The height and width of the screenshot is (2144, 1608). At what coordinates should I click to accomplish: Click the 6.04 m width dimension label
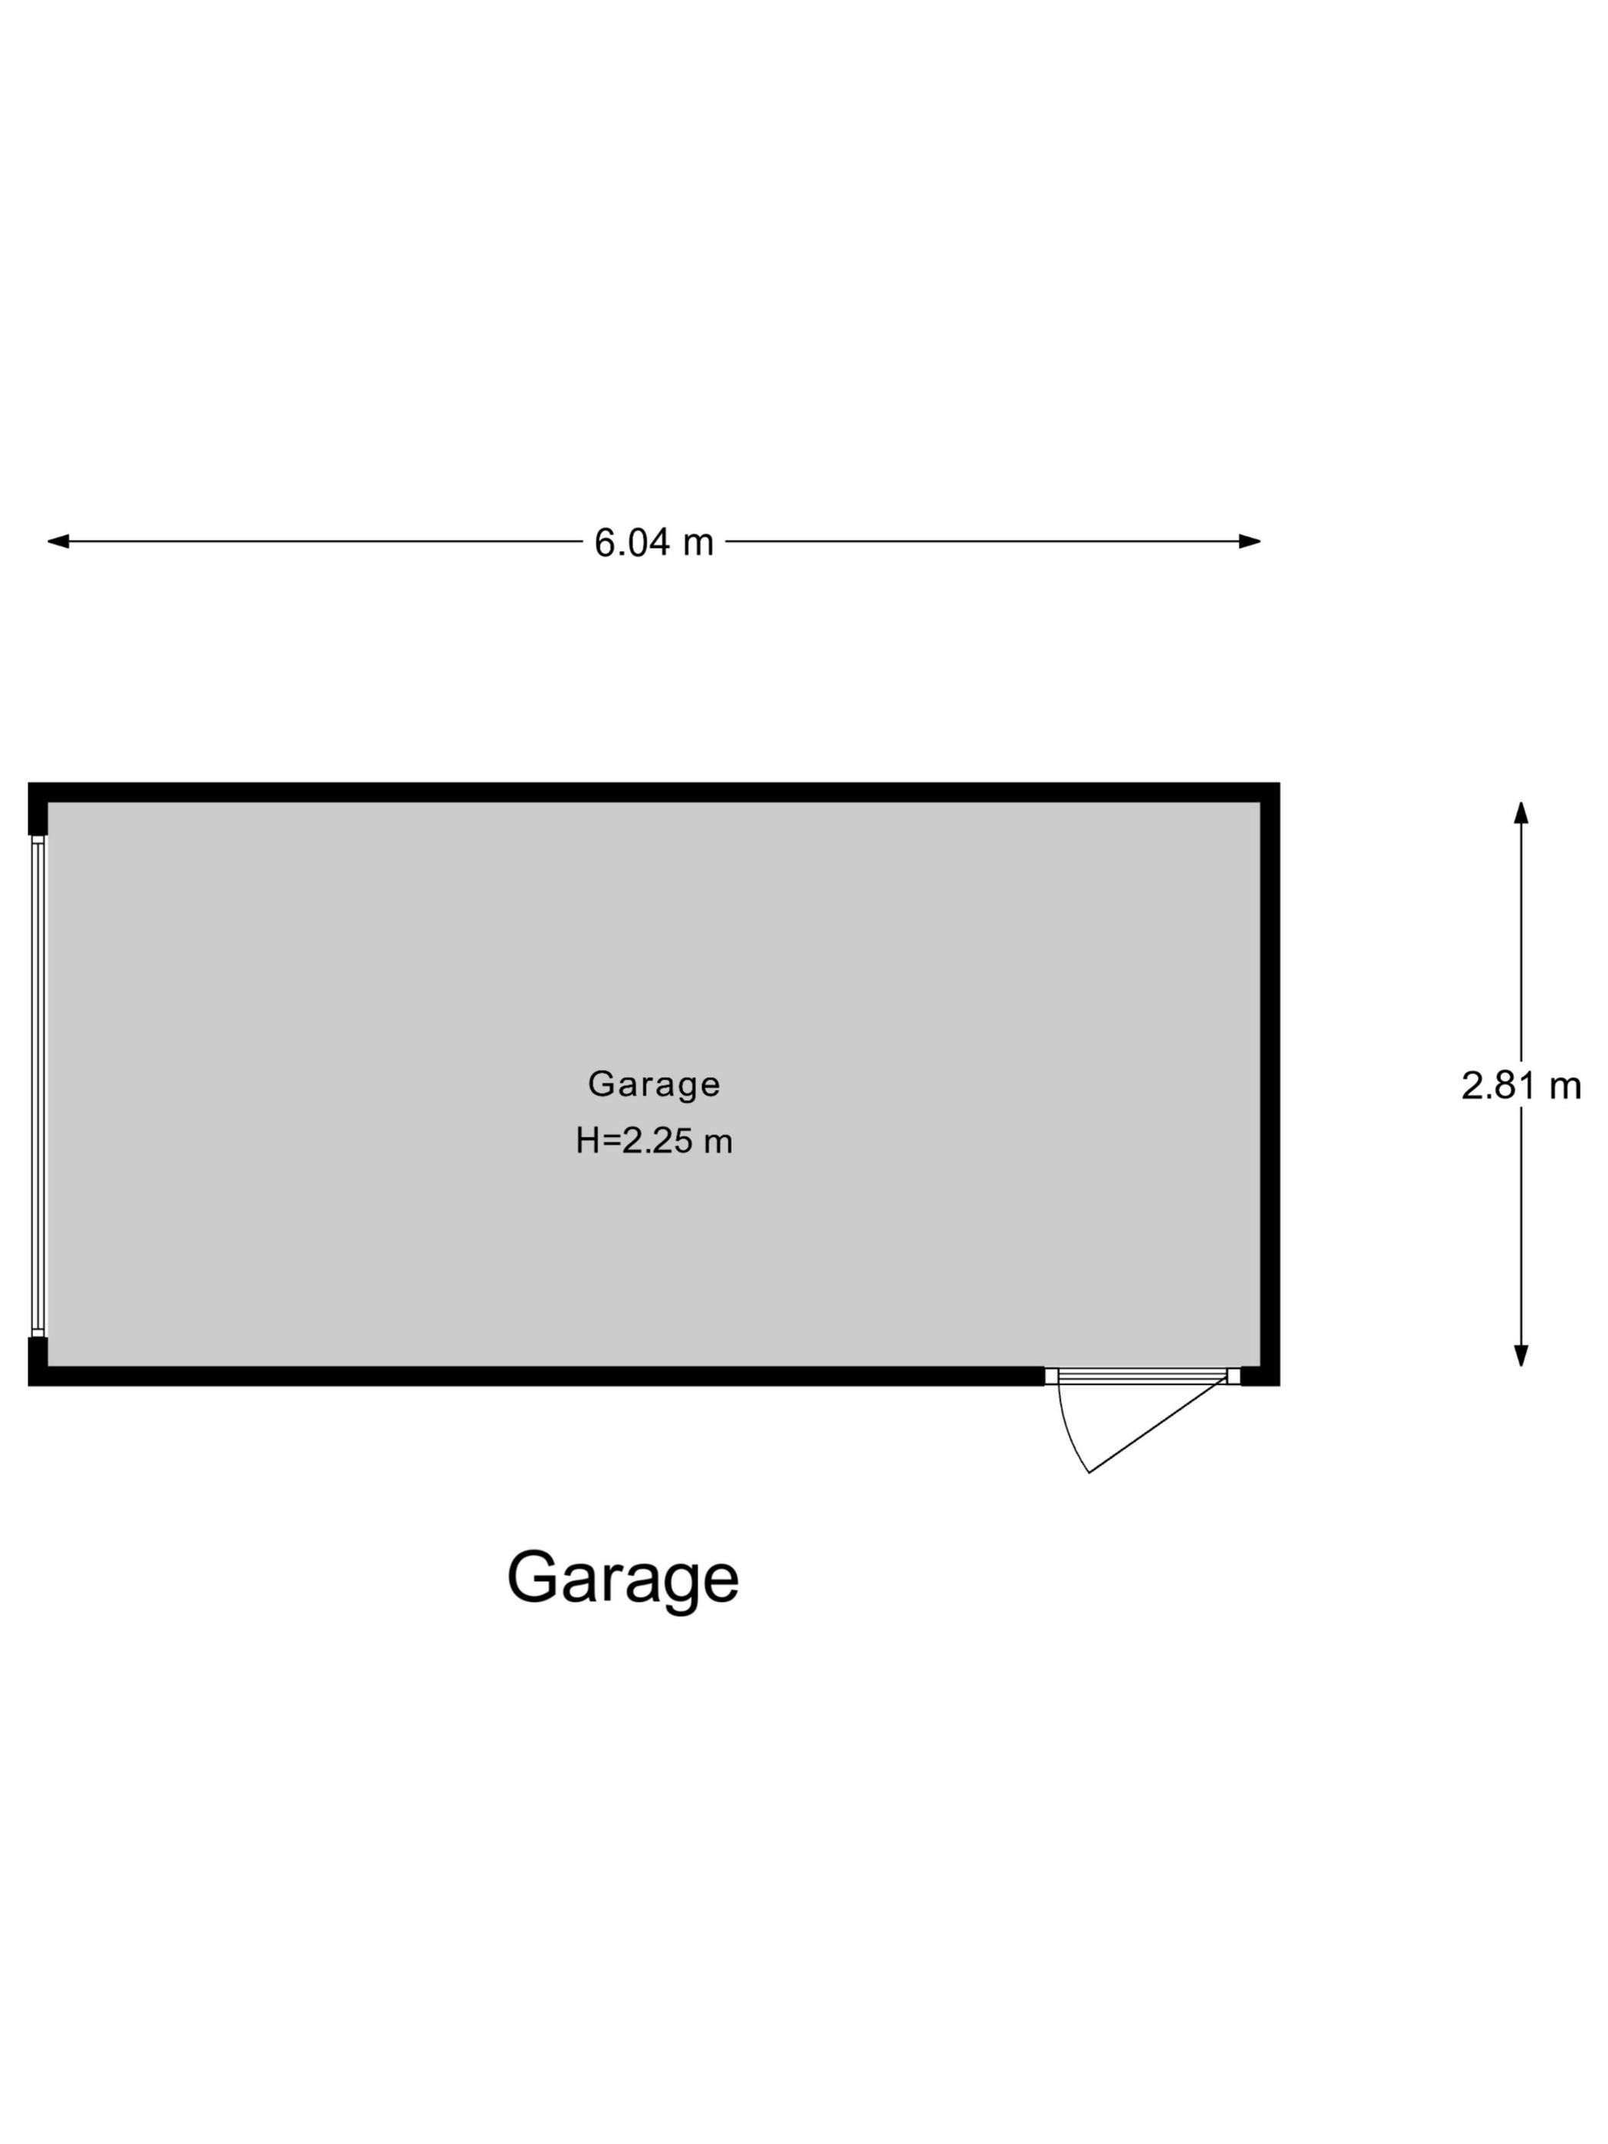[x=653, y=542]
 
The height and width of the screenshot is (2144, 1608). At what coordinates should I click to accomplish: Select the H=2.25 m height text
[x=654, y=1141]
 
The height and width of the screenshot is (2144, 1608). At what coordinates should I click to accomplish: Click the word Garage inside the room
[x=654, y=1083]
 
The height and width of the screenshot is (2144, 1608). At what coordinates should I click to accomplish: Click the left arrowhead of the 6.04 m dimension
[x=58, y=541]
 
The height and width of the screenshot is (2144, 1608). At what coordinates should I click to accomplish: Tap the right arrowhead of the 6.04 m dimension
[x=1250, y=541]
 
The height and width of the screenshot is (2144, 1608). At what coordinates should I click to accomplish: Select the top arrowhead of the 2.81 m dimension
[x=1521, y=812]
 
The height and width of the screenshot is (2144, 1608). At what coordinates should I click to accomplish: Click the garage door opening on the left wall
[x=38, y=1086]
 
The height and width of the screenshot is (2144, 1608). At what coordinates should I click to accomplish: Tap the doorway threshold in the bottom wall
[x=1142, y=1375]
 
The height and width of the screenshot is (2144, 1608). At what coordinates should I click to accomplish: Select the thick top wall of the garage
[x=653, y=792]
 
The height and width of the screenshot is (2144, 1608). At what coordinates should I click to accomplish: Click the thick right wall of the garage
[x=1270, y=1083]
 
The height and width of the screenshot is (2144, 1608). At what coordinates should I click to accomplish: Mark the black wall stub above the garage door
[x=38, y=809]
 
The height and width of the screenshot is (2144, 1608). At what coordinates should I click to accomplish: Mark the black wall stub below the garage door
[x=38, y=1361]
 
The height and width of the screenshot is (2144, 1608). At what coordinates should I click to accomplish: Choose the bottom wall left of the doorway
[x=536, y=1376]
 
